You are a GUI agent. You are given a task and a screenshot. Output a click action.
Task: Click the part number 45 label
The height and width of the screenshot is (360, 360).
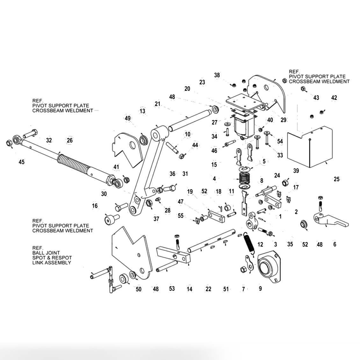click(x=21, y=162)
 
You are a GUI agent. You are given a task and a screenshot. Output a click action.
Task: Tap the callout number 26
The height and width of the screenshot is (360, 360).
click(x=69, y=140)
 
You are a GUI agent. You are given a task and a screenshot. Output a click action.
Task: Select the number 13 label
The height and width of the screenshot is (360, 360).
click(x=142, y=111)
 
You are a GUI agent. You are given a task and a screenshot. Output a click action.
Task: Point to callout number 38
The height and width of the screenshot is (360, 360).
click(x=217, y=75)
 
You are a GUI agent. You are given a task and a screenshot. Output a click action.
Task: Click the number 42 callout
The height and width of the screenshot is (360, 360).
click(x=334, y=97)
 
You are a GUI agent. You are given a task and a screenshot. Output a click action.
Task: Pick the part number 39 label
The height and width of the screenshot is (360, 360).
click(x=296, y=171)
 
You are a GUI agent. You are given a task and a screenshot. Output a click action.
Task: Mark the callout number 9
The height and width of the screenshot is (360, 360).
click(x=260, y=289)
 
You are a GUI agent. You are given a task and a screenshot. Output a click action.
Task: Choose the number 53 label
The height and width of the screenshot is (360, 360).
click(x=172, y=289)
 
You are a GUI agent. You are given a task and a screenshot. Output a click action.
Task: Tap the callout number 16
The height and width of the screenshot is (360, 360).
click(x=95, y=206)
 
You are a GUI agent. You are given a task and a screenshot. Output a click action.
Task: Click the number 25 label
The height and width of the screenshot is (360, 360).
click(x=337, y=179)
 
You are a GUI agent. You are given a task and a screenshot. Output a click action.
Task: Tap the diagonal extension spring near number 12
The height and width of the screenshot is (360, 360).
click(x=248, y=242)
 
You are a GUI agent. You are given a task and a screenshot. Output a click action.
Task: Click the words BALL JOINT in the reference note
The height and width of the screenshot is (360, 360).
click(x=46, y=253)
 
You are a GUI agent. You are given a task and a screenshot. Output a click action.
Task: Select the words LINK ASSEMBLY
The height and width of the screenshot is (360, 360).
click(x=52, y=263)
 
